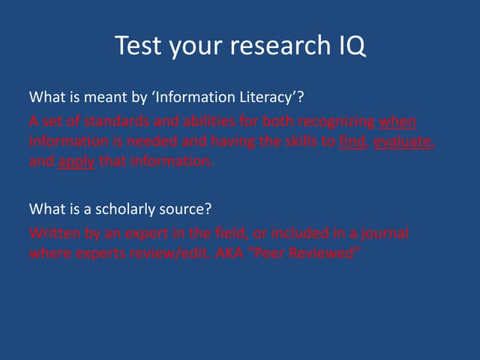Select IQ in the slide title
pos(348,46)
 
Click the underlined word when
pos(397,121)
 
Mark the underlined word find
pos(351,141)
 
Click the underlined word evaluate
pos(403,141)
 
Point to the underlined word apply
pos(76,160)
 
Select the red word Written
pos(52,233)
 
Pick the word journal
pos(385,233)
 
